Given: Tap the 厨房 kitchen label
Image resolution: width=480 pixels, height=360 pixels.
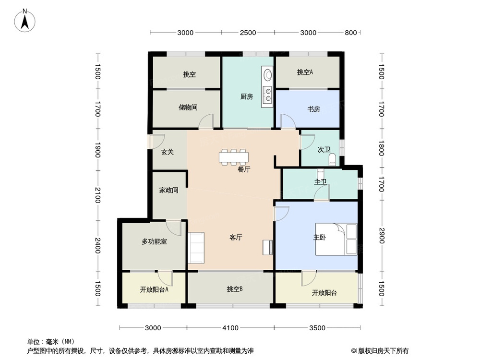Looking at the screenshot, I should (x=247, y=96).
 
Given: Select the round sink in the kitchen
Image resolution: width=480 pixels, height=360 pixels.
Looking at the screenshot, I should (x=267, y=75).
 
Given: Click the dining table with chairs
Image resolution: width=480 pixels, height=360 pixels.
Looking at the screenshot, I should (x=234, y=157).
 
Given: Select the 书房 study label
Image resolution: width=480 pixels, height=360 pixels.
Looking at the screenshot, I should (x=314, y=109).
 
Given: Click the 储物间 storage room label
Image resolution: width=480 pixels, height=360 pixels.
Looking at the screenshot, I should (x=188, y=108).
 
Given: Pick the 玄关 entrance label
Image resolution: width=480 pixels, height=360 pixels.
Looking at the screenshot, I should (x=167, y=152).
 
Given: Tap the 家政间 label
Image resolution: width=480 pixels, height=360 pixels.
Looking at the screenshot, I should (x=169, y=191).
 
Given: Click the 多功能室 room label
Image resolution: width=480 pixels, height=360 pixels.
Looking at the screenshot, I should (x=154, y=242).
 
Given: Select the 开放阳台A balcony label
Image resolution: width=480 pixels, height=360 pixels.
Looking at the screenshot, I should (x=153, y=290).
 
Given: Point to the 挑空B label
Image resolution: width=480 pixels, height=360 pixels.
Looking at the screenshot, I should (x=234, y=289).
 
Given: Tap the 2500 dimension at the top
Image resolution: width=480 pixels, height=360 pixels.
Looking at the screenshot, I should (x=248, y=33).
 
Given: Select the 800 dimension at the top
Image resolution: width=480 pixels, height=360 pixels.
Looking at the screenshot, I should (x=351, y=33).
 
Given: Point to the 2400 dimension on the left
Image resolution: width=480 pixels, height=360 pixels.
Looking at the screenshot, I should (x=97, y=245).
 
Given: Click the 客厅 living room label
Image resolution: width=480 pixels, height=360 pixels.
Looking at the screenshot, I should (x=235, y=237).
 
